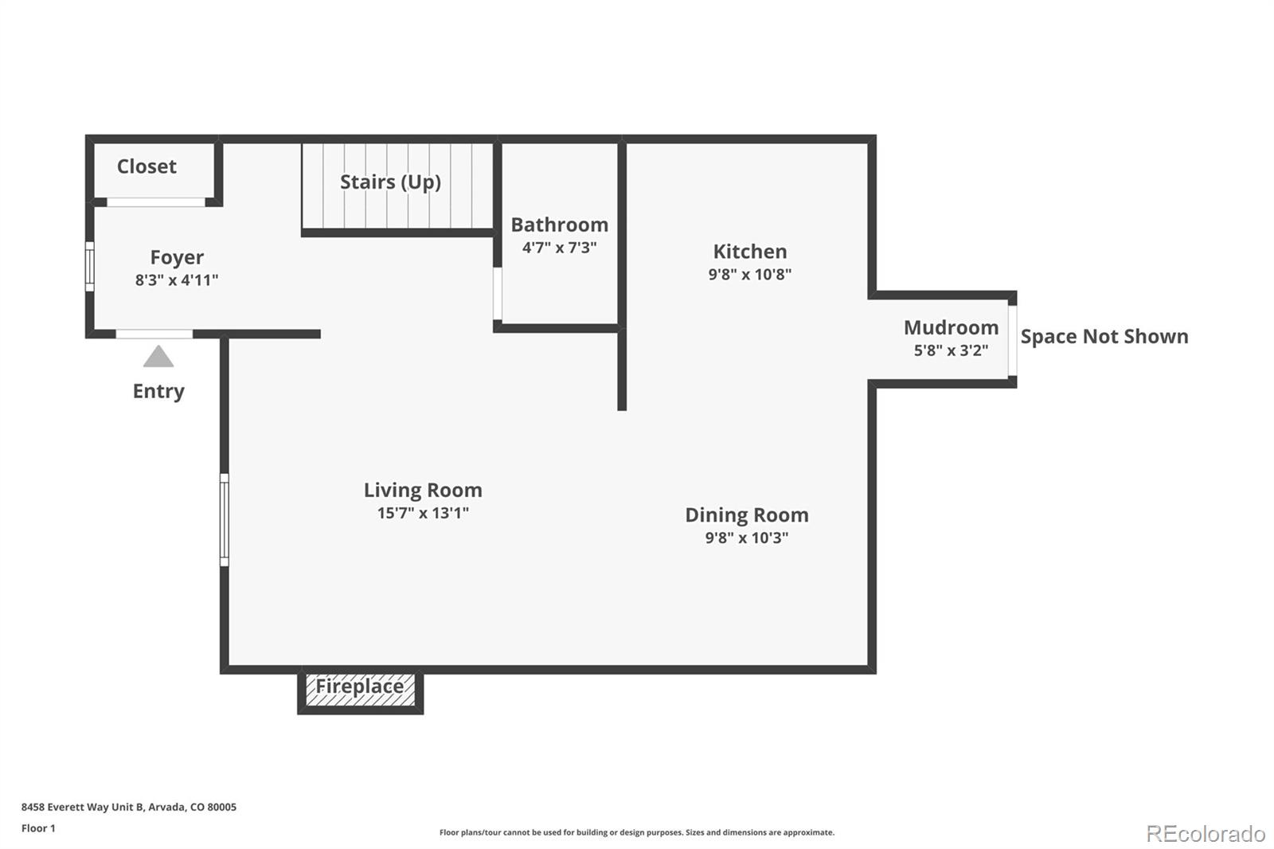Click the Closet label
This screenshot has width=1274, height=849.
point(147,166)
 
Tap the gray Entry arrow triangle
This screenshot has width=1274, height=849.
point(158,358)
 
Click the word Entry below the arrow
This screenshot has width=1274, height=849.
point(158,391)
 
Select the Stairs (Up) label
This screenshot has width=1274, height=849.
point(390,182)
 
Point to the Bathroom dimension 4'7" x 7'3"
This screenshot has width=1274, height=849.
point(559,248)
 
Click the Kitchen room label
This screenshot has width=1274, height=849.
point(749,252)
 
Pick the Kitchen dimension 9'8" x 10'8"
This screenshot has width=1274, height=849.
point(749,274)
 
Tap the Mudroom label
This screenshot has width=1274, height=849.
point(951,327)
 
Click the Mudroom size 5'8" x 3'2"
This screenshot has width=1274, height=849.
point(951,350)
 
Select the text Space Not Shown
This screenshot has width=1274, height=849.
point(1104,336)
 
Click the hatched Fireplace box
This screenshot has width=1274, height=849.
point(360,690)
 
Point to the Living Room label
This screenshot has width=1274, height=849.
point(423,490)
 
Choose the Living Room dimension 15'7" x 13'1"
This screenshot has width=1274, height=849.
point(423,513)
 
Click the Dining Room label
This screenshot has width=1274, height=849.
point(746,515)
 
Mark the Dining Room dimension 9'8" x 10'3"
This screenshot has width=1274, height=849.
point(746,538)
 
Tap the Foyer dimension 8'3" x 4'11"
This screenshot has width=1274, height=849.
point(177,280)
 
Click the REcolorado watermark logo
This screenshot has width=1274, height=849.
point(1205,833)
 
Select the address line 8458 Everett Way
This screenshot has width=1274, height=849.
point(128,807)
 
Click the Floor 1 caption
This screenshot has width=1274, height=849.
point(38,828)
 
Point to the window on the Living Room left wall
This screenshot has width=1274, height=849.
point(225,520)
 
